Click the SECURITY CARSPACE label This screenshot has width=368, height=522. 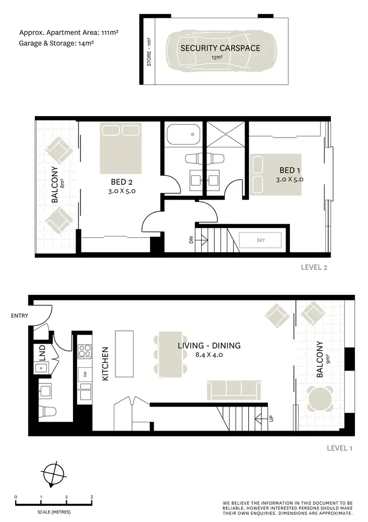220,48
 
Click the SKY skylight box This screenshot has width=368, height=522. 260,240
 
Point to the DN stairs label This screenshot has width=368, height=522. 191,240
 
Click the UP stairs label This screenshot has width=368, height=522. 270,419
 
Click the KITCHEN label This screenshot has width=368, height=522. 105,364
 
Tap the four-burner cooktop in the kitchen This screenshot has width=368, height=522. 84,350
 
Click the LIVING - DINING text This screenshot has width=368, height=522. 209,346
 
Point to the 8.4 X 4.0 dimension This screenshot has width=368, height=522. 209,354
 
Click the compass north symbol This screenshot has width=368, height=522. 53,475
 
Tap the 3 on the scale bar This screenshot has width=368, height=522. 92,497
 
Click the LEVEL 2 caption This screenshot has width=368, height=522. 314,268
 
